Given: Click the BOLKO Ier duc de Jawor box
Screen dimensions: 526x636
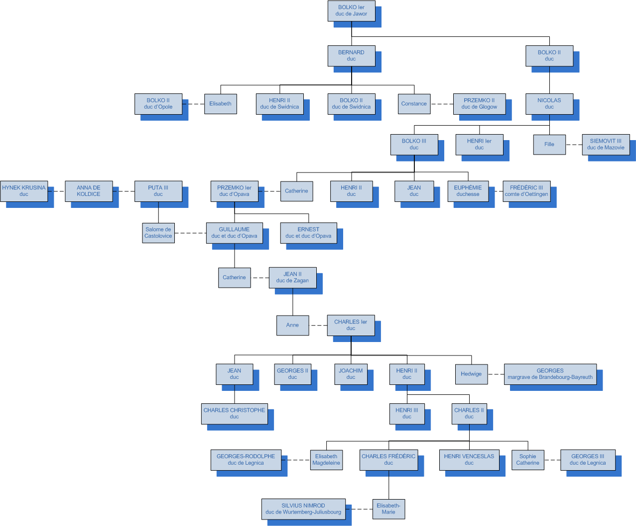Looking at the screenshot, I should (x=351, y=10).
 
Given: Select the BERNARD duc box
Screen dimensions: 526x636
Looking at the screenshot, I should (x=351, y=55).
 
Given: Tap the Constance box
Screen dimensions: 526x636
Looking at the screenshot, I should (x=414, y=104).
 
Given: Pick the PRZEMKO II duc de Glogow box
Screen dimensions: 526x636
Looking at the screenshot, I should (x=479, y=104).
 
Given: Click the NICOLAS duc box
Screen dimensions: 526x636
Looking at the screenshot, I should (x=549, y=104).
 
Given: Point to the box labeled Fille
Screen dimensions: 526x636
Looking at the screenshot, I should (x=549, y=144).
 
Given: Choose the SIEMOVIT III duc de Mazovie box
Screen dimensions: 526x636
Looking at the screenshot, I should (x=605, y=144).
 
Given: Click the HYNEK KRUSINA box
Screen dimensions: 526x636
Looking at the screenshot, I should (x=24, y=191).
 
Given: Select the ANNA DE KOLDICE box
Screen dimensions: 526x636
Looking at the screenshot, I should (x=89, y=191).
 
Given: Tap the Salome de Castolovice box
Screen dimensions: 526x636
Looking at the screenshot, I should (x=158, y=233).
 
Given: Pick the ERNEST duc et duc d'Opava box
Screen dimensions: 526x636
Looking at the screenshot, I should (x=308, y=233).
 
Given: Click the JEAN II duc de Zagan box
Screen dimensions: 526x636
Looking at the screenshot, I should (x=292, y=277).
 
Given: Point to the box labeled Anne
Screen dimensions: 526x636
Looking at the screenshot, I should (x=292, y=325).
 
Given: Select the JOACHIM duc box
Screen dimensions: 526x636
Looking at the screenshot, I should (x=351, y=374).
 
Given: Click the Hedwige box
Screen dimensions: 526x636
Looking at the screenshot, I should (x=471, y=374).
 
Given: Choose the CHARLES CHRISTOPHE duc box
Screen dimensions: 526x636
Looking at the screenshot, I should (x=234, y=413).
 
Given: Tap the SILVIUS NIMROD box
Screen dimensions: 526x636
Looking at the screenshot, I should (x=303, y=509).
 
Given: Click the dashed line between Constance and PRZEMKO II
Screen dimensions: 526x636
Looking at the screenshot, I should (x=442, y=104).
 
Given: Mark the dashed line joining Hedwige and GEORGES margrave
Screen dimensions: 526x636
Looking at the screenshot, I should (x=496, y=374).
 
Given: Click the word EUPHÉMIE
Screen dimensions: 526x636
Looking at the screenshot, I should (x=468, y=188).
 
